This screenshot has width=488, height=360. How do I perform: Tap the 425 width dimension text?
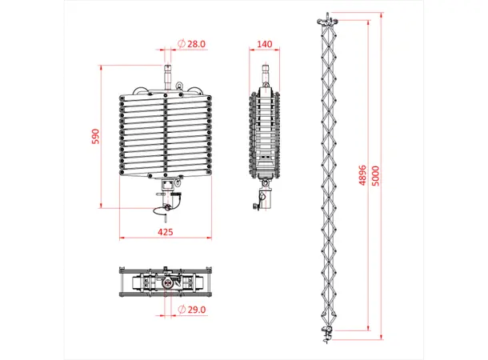point(166,232)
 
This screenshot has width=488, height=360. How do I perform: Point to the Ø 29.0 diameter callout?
point(192,309)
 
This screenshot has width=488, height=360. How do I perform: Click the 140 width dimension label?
point(266,44)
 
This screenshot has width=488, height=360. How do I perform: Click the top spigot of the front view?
point(166,76)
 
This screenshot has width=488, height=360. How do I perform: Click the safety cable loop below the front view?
point(162,210)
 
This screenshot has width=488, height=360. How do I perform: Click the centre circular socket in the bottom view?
point(166,282)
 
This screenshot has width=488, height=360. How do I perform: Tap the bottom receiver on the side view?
point(264,197)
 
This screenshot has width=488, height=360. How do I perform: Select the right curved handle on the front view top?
point(197,90)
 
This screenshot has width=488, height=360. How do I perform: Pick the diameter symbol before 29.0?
point(182,309)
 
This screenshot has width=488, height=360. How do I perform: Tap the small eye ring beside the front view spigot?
point(177,84)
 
